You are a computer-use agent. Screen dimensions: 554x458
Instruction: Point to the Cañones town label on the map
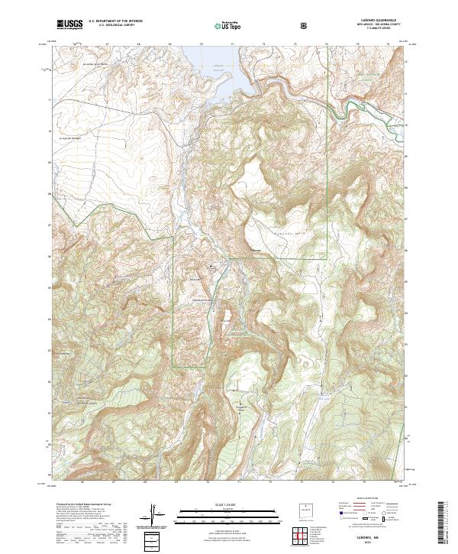[256, 250]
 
